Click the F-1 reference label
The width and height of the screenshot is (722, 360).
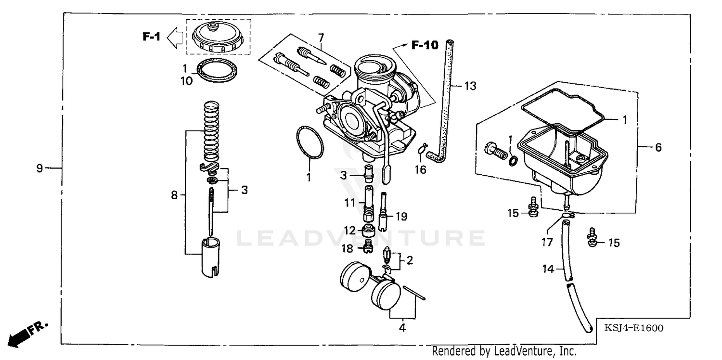point(151,36)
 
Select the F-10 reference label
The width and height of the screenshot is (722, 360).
point(425,45)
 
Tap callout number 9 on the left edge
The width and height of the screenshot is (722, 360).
point(40,168)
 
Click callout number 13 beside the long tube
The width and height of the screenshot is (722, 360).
point(470,86)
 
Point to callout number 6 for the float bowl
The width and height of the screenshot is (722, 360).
point(658,147)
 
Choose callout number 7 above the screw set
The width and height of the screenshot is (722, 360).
point(321,37)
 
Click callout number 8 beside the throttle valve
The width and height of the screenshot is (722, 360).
point(175,195)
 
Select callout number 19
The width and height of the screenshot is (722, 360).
point(402,217)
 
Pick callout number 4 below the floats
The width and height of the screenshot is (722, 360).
point(402,328)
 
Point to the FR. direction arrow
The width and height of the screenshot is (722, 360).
point(24,334)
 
